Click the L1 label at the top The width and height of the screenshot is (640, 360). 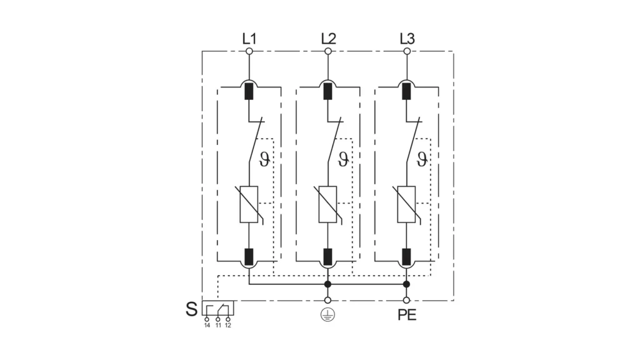click(249, 39)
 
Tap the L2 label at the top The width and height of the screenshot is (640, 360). click(328, 39)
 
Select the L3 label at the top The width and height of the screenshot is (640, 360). click(407, 39)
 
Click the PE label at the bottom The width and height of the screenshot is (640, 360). click(407, 315)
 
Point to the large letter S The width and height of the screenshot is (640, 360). click(191, 309)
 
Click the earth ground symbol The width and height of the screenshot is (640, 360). click(327, 315)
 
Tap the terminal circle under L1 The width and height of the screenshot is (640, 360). click(249, 51)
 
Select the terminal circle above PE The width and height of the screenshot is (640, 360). click(406, 301)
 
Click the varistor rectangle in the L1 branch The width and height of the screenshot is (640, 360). click(249, 204)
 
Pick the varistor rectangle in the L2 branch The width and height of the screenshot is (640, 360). click(327, 204)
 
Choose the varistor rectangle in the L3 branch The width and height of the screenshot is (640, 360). click(406, 204)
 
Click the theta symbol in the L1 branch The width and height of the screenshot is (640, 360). click(264, 159)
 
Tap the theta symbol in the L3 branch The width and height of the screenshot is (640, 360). click(422, 159)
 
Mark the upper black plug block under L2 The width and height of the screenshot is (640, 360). click(327, 91)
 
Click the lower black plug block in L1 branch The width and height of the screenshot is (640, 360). click(249, 257)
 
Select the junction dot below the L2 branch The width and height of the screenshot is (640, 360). click(327, 284)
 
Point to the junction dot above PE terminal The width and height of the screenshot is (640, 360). click(406, 284)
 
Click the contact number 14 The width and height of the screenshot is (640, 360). click(207, 325)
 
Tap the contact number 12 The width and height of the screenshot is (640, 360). click(227, 325)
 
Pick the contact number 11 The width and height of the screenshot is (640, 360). click(218, 325)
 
